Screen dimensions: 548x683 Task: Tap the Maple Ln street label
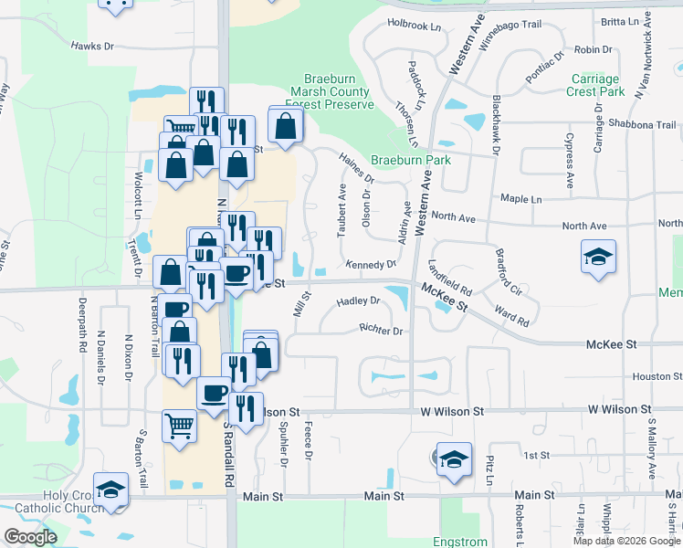pyautogui.click(x=520, y=198)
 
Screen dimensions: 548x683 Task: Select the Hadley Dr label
pyautogui.click(x=358, y=300)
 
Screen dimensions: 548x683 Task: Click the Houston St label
pyautogui.click(x=653, y=376)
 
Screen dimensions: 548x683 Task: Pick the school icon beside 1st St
pyautogui.click(x=454, y=459)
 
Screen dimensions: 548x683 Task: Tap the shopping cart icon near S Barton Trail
pyautogui.click(x=179, y=425)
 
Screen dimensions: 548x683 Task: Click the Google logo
pyautogui.click(x=30, y=536)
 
